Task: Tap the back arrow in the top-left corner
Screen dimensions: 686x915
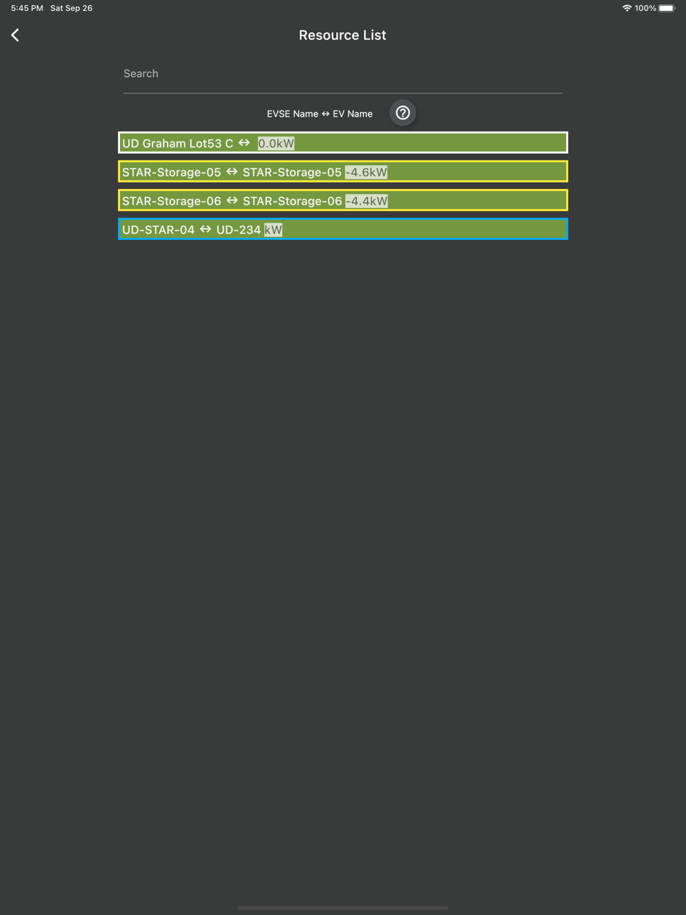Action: (x=15, y=35)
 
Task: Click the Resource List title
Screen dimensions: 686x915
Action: (x=342, y=35)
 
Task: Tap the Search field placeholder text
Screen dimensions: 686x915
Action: (x=141, y=74)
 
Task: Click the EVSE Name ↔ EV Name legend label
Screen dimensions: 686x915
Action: (x=320, y=114)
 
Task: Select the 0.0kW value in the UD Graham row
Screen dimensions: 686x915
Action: (x=276, y=143)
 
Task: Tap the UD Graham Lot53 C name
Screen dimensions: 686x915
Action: (x=178, y=143)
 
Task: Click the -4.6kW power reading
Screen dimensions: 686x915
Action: (x=366, y=172)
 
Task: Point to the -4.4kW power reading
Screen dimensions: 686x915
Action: (x=366, y=201)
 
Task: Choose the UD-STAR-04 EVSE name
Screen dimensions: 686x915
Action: (x=158, y=230)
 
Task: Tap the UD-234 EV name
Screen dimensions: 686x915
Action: (x=239, y=230)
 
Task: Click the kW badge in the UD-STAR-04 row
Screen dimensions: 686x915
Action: (x=273, y=230)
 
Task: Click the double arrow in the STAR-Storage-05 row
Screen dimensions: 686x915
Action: (x=232, y=171)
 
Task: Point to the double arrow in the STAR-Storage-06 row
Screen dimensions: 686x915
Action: (x=232, y=200)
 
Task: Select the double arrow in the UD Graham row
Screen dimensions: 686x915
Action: (x=244, y=143)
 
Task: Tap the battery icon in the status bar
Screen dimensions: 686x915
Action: (x=667, y=8)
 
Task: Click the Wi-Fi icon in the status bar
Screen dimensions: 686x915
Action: (x=627, y=8)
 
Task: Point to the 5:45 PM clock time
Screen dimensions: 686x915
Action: (x=27, y=8)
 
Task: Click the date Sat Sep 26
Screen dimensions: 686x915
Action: (x=71, y=8)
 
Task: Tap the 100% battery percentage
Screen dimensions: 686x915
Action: (x=645, y=8)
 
